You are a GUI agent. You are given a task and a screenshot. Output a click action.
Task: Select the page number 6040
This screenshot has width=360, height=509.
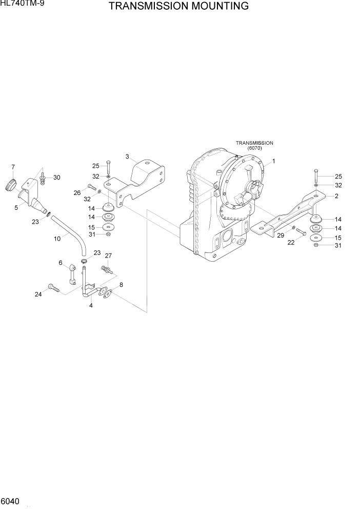tap(11, 499)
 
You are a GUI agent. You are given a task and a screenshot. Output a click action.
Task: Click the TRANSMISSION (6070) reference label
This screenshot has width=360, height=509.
tap(254, 145)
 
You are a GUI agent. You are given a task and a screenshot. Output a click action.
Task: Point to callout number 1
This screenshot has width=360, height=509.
tap(273, 161)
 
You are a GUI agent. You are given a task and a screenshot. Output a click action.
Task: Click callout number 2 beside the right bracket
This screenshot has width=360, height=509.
tap(336, 196)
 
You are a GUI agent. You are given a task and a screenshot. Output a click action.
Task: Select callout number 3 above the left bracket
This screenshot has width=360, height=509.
tap(127, 156)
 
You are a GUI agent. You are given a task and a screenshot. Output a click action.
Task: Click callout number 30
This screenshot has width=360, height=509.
tap(56, 178)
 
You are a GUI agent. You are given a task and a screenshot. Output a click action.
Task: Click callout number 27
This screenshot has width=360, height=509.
tap(108, 256)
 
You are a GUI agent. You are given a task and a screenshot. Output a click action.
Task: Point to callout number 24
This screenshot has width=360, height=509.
tap(38, 294)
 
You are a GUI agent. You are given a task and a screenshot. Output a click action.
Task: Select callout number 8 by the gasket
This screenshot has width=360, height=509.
tap(121, 285)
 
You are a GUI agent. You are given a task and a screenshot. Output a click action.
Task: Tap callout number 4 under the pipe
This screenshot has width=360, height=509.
tap(91, 306)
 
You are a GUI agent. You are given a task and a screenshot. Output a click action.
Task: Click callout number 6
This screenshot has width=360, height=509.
tap(60, 263)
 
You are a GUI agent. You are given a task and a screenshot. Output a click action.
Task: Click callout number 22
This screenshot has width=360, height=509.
tap(291, 243)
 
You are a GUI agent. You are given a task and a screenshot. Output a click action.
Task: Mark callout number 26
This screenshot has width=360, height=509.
tap(77, 193)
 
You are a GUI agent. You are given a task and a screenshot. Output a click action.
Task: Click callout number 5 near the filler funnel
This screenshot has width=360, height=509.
tap(16, 207)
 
